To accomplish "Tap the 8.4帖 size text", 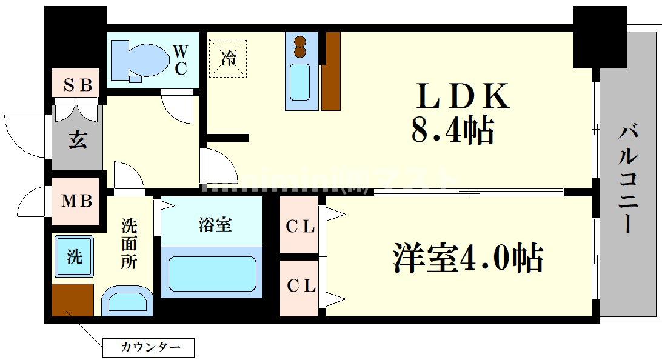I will tap(452, 130).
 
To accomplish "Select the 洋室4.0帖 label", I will tap(467, 259).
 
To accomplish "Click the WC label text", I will tap(180, 60).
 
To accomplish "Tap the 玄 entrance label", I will tap(76, 139).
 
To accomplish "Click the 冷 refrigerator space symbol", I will tap(228, 58).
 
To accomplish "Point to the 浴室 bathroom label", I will tap(215, 225).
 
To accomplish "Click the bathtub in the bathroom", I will tap(212, 274).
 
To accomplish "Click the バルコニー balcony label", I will tap(629, 179).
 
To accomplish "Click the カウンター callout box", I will tap(148, 347).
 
